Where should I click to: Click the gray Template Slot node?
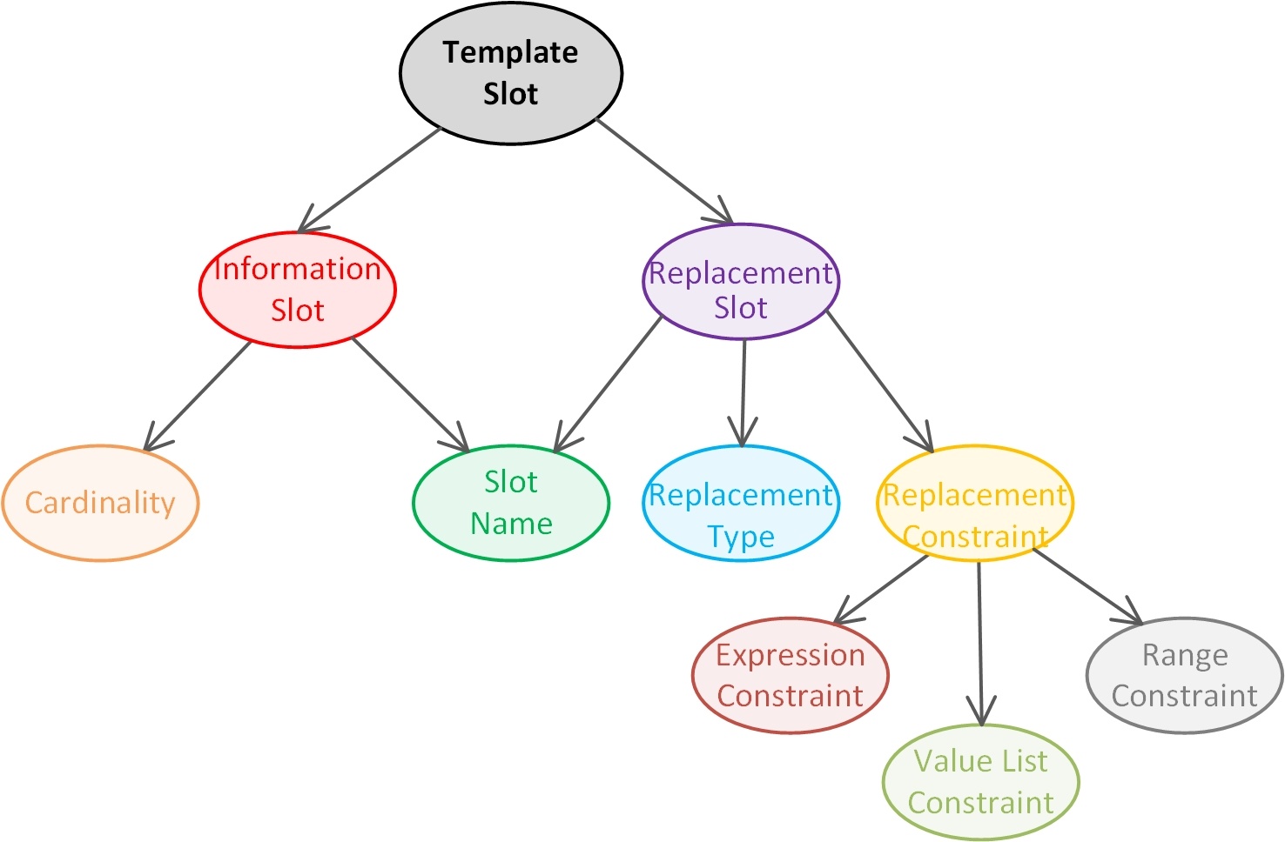pos(511,73)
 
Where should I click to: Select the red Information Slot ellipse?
pos(298,290)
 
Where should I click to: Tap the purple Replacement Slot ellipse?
pos(741,282)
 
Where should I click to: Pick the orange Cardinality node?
pos(100,503)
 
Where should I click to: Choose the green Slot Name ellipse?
pos(511,503)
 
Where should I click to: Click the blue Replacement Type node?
pos(741,503)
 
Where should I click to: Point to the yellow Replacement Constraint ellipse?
pos(975,503)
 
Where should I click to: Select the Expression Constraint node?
pos(791,675)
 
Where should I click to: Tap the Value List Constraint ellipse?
pos(981,782)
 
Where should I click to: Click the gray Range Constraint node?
pos(1185,675)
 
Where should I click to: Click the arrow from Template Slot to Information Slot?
pos(369,180)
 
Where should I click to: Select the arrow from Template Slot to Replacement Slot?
pos(665,170)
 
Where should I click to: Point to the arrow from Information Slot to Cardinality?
pos(197,396)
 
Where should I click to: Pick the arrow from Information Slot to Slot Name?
pos(411,395)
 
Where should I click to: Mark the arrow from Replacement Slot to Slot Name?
pos(608,384)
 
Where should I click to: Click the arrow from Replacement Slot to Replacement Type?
pos(743,393)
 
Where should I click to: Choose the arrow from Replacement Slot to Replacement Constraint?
pos(880,382)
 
